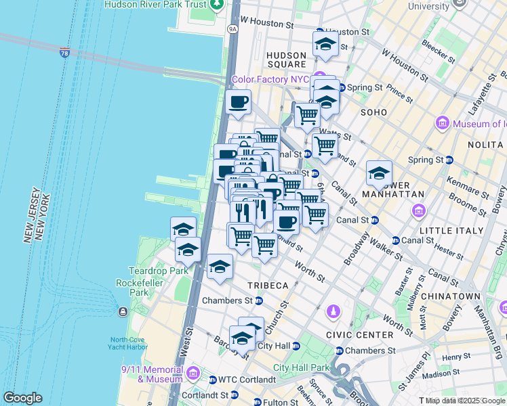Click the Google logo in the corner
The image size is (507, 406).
coord(22,398)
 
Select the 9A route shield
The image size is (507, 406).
coord(233,29)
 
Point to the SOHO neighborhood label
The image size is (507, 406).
coord(373,112)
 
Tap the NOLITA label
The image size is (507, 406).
coord(487,145)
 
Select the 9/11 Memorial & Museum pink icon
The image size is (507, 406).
coord(192,373)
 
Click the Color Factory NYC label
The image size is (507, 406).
coord(270,79)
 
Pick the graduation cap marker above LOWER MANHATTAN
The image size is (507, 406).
coord(379,173)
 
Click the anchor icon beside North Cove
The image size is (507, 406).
coord(123,311)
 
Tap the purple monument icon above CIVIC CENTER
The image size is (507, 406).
coord(333,311)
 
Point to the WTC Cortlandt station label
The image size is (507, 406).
coord(245,380)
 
